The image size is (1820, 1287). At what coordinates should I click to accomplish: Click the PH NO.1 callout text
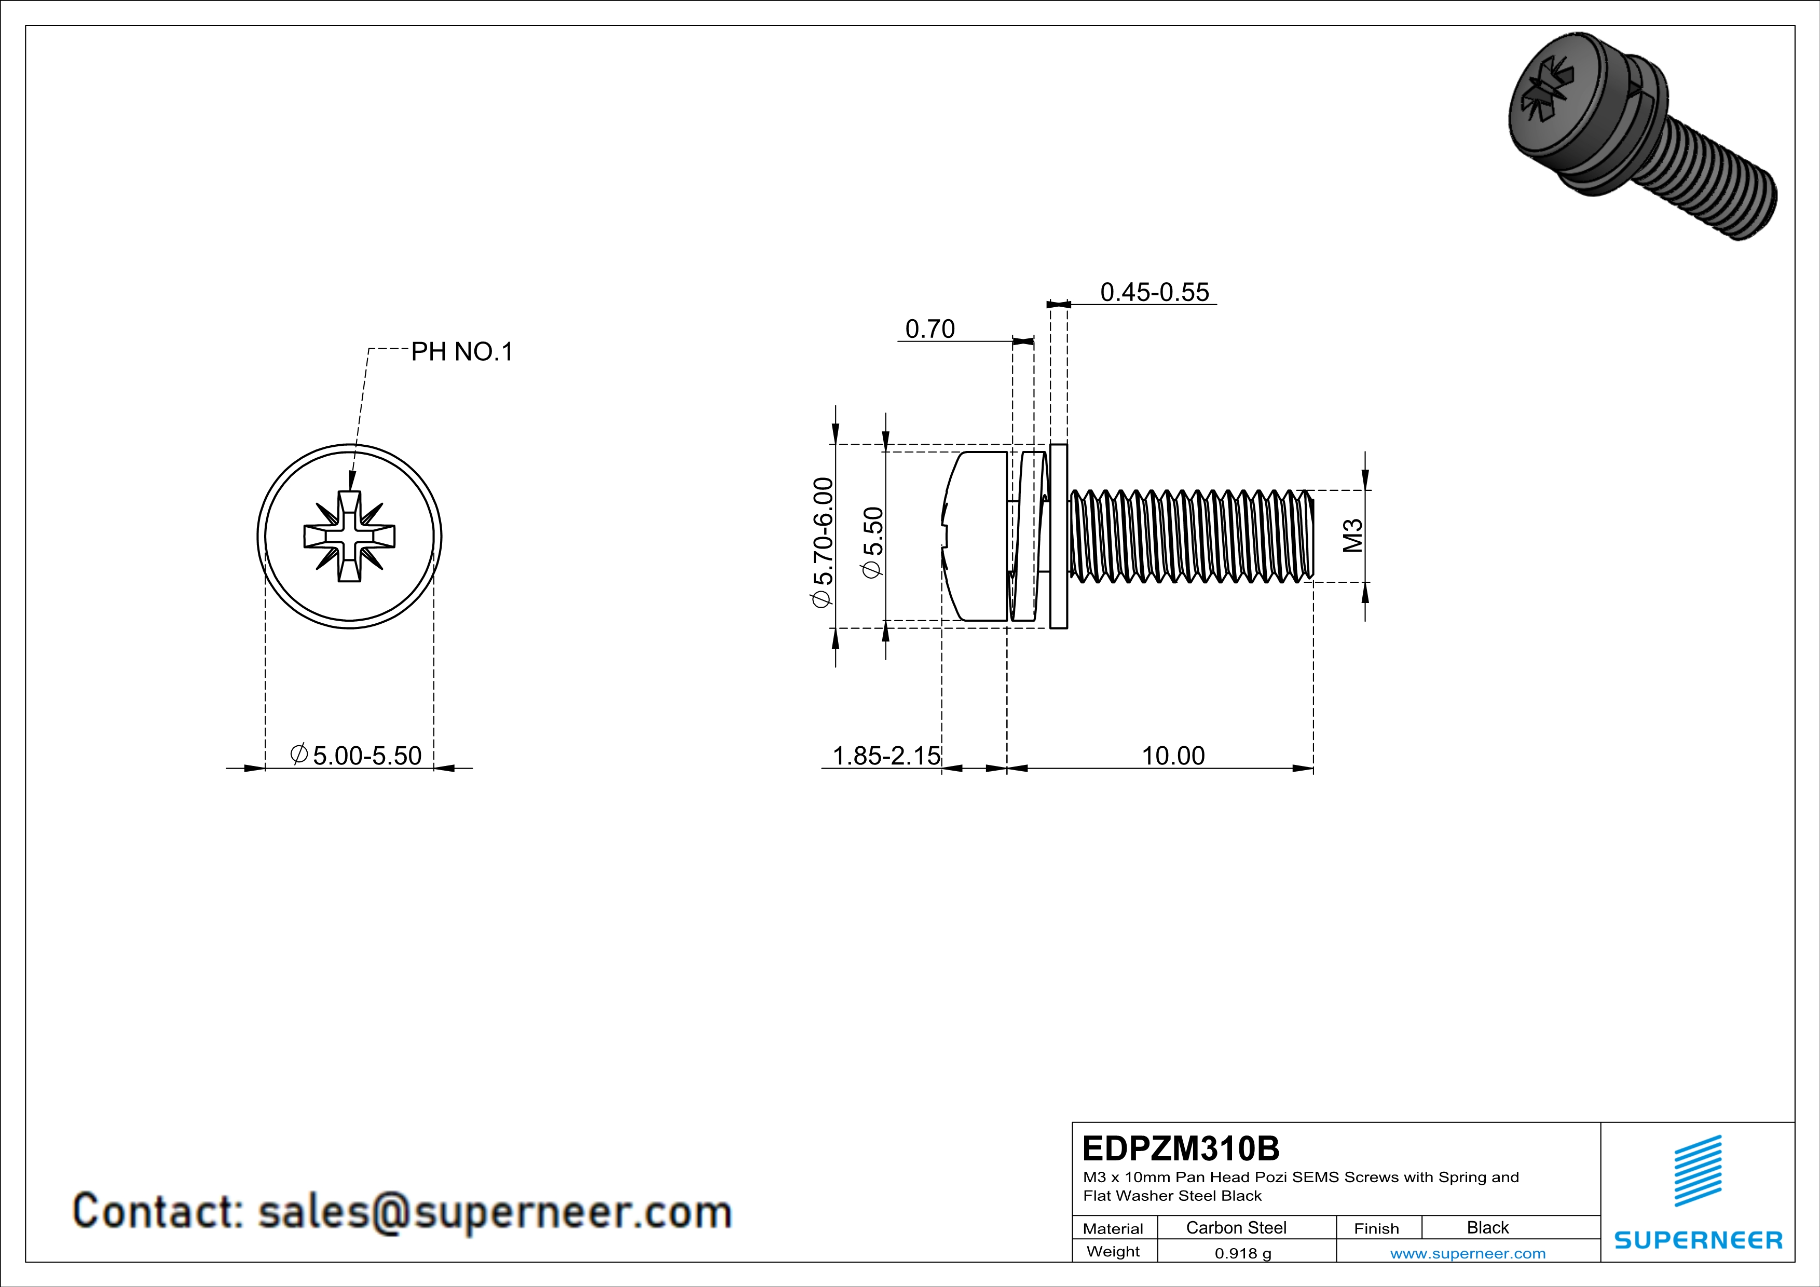click(462, 351)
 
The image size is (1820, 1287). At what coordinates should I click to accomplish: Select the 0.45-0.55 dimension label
click(1154, 292)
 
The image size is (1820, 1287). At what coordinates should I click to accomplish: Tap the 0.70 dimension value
click(930, 329)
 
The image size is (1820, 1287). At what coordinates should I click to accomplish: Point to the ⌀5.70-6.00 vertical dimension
click(823, 542)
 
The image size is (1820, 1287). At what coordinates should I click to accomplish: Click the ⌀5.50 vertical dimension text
click(872, 543)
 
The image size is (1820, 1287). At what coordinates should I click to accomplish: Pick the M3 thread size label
click(1353, 536)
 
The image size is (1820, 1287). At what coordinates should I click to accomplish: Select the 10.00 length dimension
click(1172, 755)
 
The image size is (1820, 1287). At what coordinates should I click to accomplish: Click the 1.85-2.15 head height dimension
click(885, 755)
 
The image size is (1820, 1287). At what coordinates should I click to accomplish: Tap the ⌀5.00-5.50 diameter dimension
click(356, 755)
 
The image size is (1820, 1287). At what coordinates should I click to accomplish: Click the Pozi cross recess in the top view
click(350, 537)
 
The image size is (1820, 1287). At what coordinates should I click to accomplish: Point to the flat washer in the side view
click(1058, 537)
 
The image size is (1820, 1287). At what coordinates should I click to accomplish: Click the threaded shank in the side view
click(1189, 537)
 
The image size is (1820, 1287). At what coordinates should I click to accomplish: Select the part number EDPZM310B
click(1180, 1148)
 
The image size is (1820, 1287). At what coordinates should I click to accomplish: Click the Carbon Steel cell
click(1236, 1227)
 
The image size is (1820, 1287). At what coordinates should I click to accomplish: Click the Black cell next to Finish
click(1487, 1227)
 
